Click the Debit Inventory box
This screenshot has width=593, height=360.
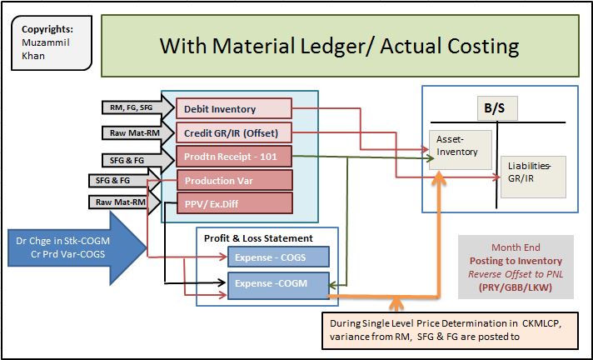(232, 109)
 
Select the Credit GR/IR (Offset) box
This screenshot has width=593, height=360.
(232, 132)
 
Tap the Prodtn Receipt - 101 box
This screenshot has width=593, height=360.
(232, 156)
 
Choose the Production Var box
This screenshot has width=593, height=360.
(234, 180)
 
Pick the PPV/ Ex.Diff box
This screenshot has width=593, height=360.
(234, 202)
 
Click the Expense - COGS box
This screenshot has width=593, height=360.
(277, 257)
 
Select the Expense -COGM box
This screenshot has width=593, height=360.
(277, 284)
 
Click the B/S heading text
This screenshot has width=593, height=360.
(496, 108)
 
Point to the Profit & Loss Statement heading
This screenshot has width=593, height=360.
(259, 237)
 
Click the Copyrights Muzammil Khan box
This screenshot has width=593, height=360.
(49, 39)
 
